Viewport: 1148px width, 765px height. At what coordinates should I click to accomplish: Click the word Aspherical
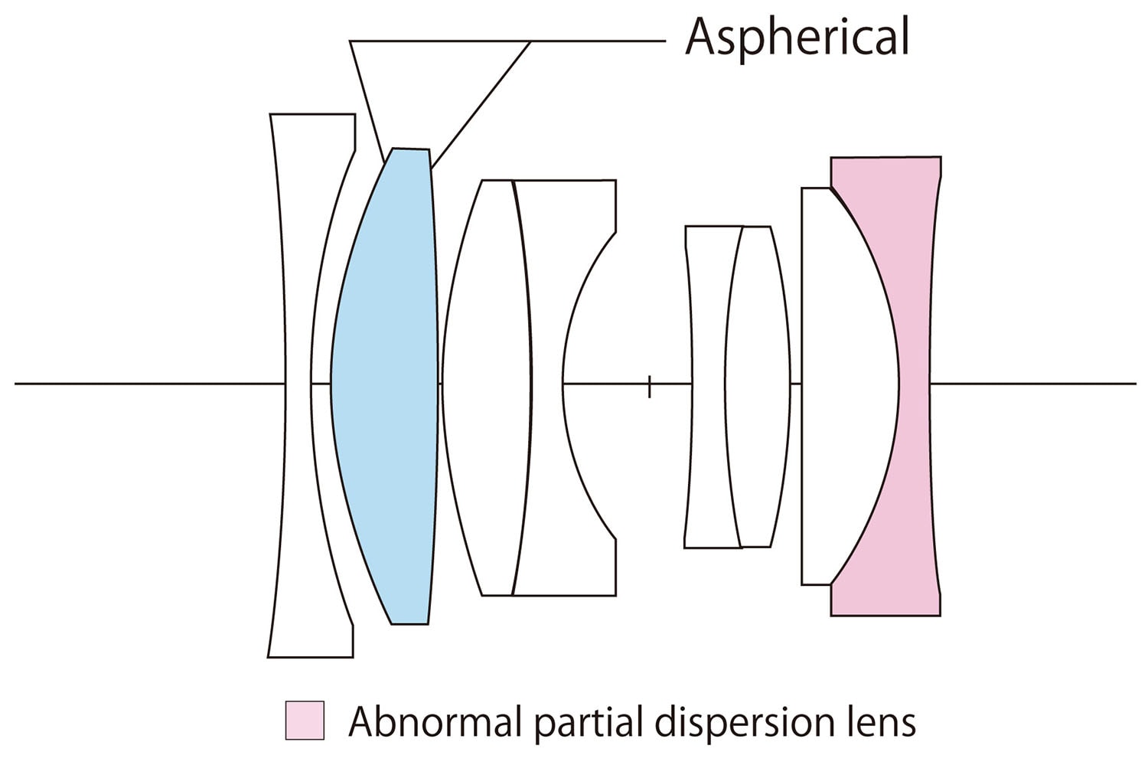coord(796,37)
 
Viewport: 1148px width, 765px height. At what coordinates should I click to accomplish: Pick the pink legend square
coord(304,720)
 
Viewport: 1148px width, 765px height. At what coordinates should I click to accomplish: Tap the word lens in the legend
coord(880,722)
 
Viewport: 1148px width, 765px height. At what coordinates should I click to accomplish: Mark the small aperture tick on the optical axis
coord(649,387)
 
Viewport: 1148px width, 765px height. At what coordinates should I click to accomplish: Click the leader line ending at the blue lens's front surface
coord(366,96)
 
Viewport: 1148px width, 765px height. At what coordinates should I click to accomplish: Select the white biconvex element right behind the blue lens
coord(486,383)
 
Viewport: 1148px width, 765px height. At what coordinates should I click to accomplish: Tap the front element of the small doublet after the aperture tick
coord(708,383)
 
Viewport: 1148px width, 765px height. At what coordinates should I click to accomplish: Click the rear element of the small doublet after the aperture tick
coord(758,383)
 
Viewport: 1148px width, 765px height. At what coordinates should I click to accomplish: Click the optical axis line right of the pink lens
coord(1033,383)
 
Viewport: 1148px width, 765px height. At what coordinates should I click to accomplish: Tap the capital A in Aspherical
coord(700,37)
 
